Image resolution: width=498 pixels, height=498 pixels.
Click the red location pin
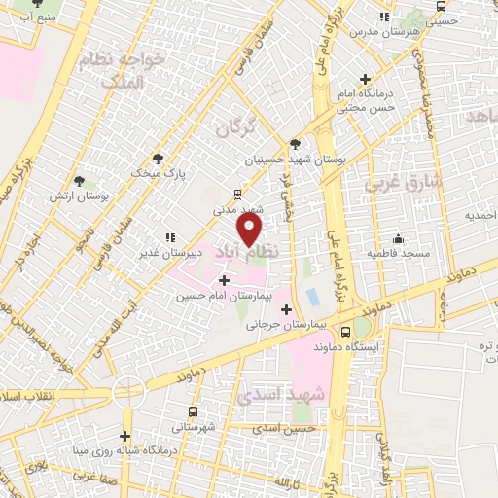250,231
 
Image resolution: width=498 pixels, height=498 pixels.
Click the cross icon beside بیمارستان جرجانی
285,309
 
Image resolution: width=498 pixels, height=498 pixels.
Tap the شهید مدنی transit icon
239,194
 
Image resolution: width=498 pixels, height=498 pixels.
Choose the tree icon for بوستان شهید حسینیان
295,144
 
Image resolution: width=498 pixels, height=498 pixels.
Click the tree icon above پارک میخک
159,159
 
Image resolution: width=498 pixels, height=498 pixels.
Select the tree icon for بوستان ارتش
80,181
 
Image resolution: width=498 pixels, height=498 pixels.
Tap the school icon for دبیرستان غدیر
170,237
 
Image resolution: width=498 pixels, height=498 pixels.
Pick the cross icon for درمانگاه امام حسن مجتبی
366,79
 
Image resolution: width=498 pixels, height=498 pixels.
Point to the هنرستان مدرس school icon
385,17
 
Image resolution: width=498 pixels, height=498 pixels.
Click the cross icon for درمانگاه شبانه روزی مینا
124,436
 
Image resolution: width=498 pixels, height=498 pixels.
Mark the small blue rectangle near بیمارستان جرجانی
312,295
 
